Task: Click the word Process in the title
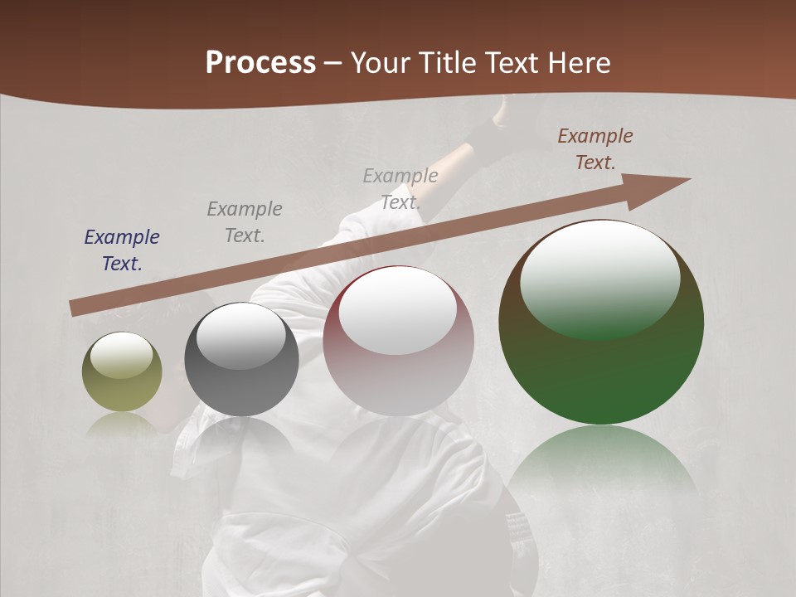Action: tap(260, 63)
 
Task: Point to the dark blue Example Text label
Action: tap(122, 250)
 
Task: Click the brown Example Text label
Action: tap(595, 149)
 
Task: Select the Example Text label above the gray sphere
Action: tap(245, 222)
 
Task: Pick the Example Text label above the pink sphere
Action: tap(400, 189)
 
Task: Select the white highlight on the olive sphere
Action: tap(121, 355)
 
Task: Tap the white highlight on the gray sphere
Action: tap(240, 336)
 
